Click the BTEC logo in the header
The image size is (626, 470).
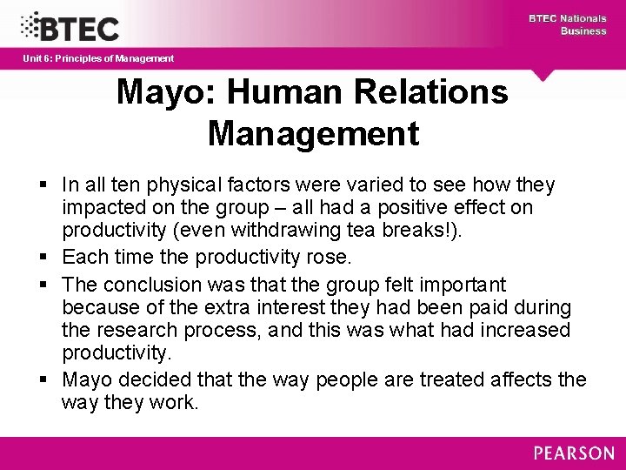[70, 27]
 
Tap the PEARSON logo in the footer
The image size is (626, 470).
[574, 453]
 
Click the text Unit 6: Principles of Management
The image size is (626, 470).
[98, 58]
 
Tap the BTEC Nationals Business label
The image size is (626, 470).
[569, 24]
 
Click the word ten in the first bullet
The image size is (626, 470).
[128, 185]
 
